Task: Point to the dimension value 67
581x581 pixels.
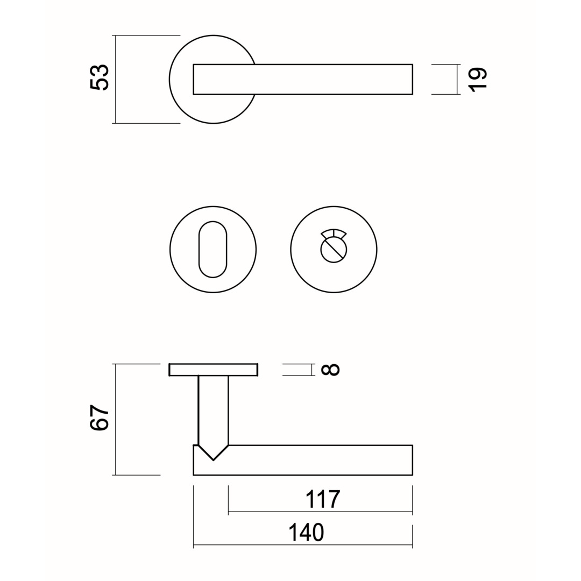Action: coord(100,417)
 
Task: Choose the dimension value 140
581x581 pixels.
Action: coord(306,532)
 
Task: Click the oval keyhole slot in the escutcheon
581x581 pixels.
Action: coord(212,250)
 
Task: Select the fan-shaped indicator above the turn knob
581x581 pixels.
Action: coord(334,233)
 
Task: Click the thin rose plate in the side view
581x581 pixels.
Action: coord(214,370)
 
